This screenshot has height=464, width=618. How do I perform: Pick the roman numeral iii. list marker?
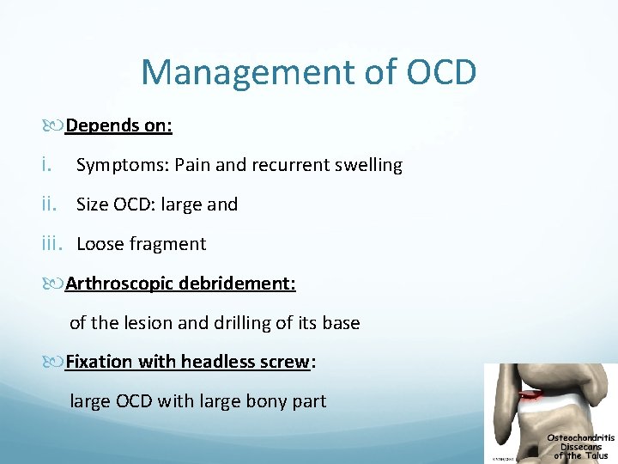[52, 244]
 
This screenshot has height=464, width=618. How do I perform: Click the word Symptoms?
[112, 166]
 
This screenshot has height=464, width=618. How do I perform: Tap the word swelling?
[367, 166]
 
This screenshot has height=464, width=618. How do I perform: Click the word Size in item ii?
[93, 205]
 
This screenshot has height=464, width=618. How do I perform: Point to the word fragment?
[168, 245]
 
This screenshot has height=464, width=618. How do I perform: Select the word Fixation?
[100, 362]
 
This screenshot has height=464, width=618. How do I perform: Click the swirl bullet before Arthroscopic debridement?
[56, 284]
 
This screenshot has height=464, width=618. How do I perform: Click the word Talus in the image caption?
[597, 455]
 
